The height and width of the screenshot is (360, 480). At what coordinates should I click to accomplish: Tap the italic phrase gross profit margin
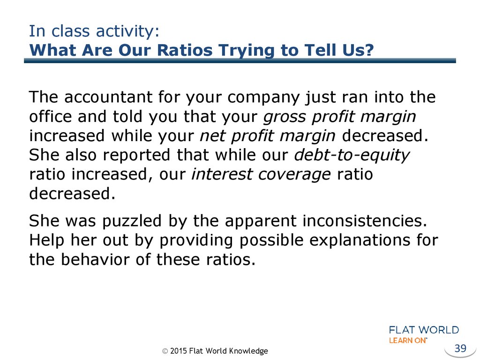pos(339,117)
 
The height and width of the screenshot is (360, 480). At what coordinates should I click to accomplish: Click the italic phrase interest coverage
pos(261,174)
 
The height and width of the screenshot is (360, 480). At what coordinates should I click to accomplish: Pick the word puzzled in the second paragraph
pos(132,221)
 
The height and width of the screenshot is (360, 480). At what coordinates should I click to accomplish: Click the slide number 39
pos(460,348)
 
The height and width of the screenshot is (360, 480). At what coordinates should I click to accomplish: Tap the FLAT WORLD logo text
pos(424,330)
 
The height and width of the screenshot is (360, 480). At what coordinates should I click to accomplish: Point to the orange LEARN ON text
pos(408,340)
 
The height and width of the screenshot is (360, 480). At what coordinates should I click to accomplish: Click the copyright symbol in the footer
pos(165,351)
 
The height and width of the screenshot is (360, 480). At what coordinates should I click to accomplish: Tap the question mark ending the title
pos(369,50)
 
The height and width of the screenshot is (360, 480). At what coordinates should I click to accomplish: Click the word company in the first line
pos(263,98)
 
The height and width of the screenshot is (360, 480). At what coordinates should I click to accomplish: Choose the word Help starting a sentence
pos(46,240)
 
